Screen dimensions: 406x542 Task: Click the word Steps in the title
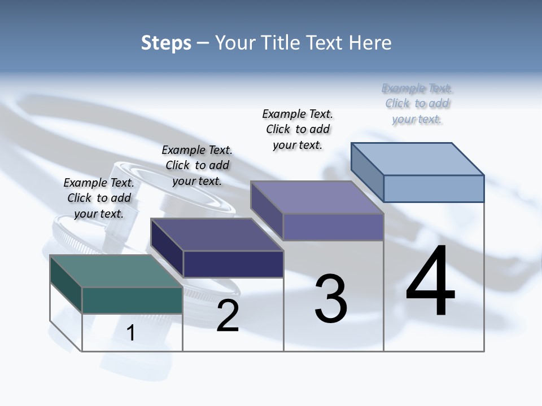[x=166, y=43]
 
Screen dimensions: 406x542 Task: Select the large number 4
[x=430, y=282]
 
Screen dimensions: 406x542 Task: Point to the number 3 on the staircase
[x=331, y=299]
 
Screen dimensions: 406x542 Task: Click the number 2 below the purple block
[x=228, y=316]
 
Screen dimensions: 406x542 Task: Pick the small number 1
[x=131, y=333]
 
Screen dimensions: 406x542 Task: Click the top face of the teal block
[x=115, y=271]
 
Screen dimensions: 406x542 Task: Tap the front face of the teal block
[x=132, y=300]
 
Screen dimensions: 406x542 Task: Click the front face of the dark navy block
[x=233, y=263]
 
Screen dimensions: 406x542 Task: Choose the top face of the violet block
[x=317, y=197]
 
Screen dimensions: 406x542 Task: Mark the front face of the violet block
[x=333, y=227]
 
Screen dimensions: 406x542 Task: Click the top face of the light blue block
[x=417, y=158]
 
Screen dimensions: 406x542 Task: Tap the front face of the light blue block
[x=434, y=188]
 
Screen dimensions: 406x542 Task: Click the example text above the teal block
[x=99, y=198]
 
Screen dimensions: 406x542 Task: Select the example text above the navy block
[x=197, y=165]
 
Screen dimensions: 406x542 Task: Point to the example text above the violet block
[x=298, y=129]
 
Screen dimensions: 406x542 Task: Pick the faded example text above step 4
[x=417, y=103]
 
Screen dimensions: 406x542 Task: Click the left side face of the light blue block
[x=367, y=171]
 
